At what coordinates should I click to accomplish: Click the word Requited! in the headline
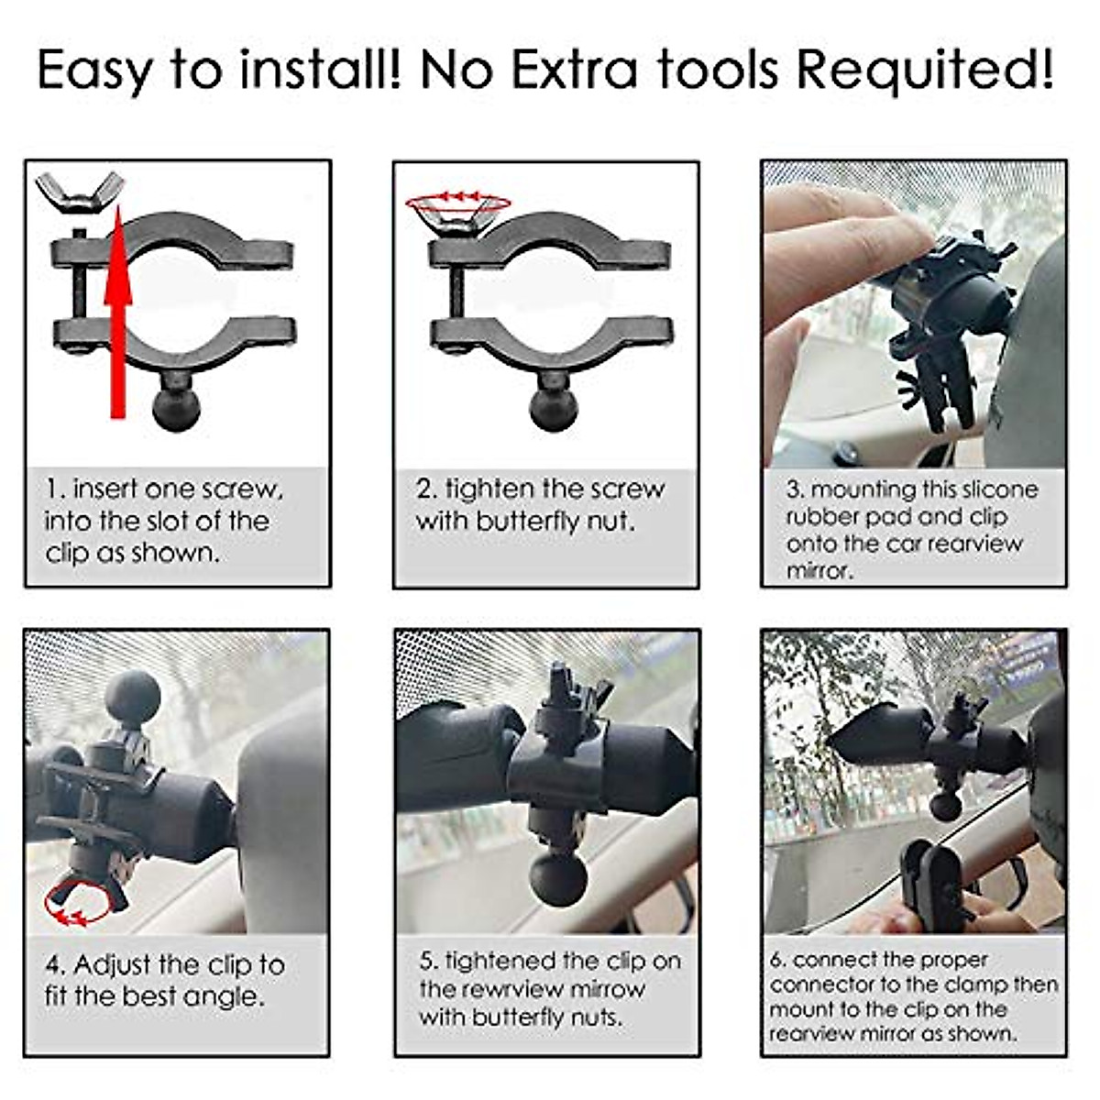[x=926, y=70]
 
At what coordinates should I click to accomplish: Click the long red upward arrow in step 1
[x=117, y=312]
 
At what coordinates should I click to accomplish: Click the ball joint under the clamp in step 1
[x=175, y=407]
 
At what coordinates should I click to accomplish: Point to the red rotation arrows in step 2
[x=458, y=199]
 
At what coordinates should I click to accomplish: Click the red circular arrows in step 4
[x=78, y=903]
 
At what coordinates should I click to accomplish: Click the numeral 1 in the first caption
[x=51, y=489]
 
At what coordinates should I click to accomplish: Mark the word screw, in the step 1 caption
[x=242, y=489]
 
